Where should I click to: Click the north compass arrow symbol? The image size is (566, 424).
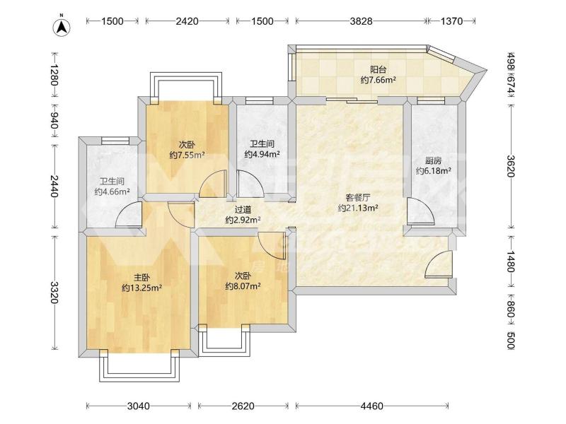[x=62, y=26]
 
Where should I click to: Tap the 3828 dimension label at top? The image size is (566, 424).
[x=361, y=21]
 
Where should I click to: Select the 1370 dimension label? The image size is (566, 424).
[x=451, y=21]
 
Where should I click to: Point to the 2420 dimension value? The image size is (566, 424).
[x=187, y=21]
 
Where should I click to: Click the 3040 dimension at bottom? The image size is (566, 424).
[x=139, y=406]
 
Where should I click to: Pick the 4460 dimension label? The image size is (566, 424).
[x=372, y=406]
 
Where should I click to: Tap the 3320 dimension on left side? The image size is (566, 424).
[x=54, y=293]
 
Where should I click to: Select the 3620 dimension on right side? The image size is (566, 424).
[x=511, y=166]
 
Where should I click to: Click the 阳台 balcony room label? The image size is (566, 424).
[x=378, y=69]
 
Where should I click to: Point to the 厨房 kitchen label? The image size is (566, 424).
[x=433, y=161]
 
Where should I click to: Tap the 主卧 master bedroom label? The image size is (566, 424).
[x=141, y=277]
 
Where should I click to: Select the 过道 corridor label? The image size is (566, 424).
[x=243, y=209]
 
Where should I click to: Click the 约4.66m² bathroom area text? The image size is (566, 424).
[x=112, y=192]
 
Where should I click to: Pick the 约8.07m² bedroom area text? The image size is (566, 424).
[x=243, y=286]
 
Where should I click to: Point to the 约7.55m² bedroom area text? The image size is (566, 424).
[x=187, y=155]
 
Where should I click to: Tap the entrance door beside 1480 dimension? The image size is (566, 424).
[x=439, y=264]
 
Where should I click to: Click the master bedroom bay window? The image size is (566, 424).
[x=139, y=367]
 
